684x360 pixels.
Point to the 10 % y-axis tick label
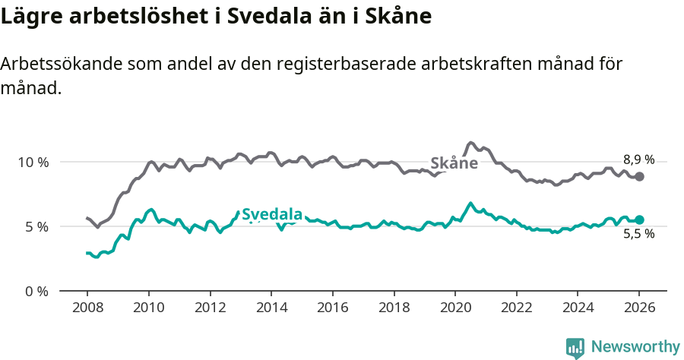coord(33,162)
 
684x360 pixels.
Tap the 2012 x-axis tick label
coord(210,308)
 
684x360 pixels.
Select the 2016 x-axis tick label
coord(332,308)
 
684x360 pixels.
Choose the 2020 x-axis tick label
coord(455,308)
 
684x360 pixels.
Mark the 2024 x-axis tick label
coord(578,308)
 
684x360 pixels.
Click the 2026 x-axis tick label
coord(639,308)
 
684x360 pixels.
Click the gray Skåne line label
coord(454,163)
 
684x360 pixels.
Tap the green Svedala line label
coord(272,215)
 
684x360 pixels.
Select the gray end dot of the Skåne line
coord(640,176)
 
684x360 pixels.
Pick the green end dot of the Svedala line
coord(640,219)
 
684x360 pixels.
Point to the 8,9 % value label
coord(638,159)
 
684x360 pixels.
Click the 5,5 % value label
coord(638,235)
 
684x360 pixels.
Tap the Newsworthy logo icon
coord(575,347)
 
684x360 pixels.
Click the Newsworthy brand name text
coord(635,347)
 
